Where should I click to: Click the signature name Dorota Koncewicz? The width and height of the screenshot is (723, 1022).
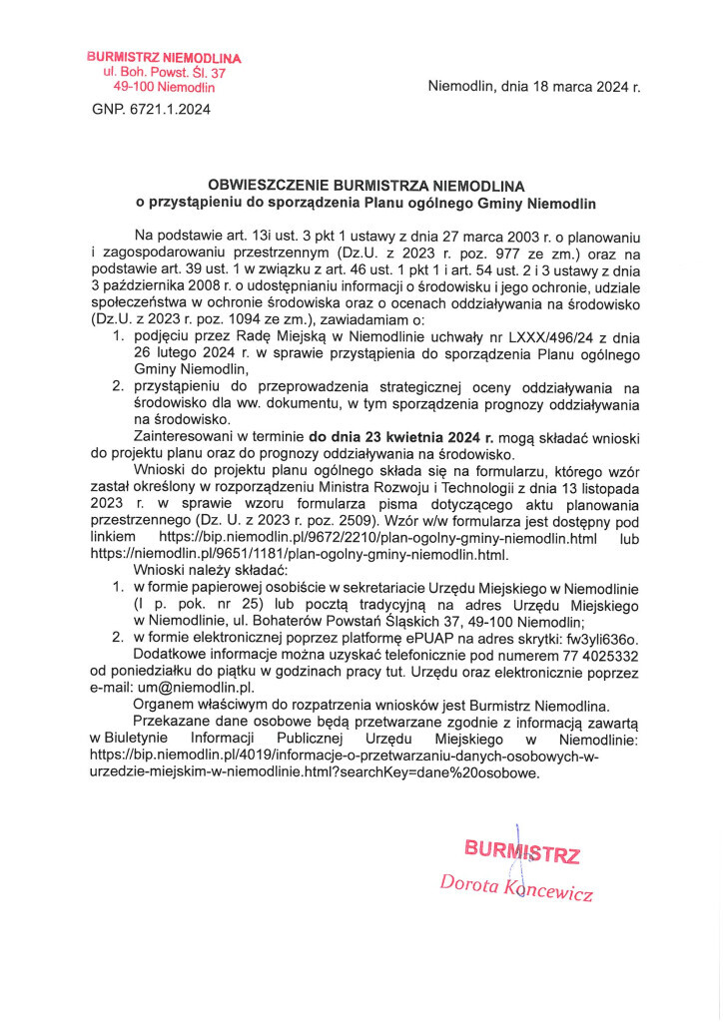(x=517, y=886)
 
